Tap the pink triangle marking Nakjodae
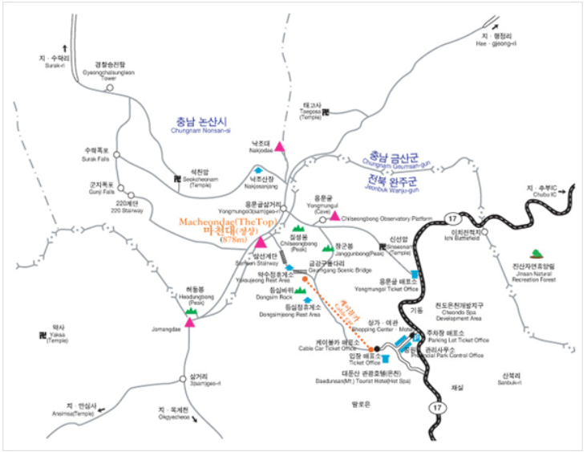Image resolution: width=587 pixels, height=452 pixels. coord(279,146)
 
